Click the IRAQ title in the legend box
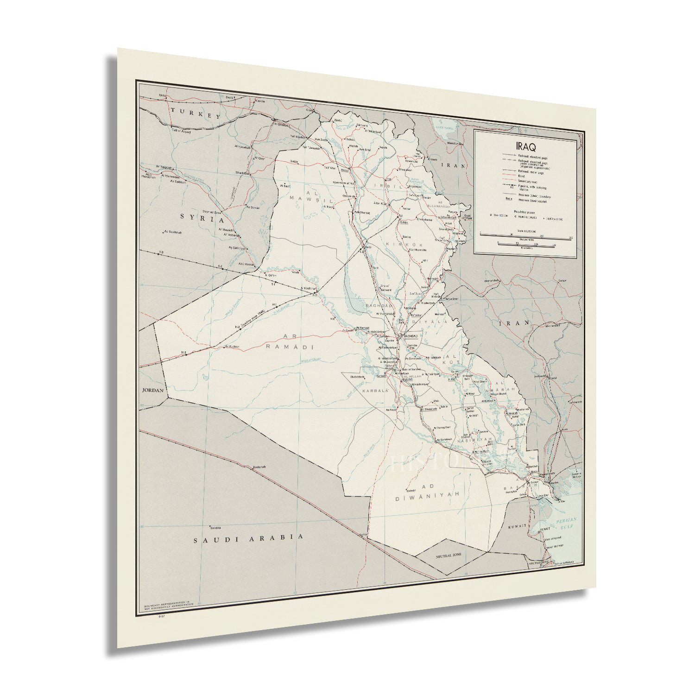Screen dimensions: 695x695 (526, 148)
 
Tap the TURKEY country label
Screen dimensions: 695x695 (195, 113)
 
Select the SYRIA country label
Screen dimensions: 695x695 (202, 219)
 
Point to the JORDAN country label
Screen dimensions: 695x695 (153, 390)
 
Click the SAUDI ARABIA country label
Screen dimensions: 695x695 (248, 538)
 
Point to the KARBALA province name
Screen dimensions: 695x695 (374, 391)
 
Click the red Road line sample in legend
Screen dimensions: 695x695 (507, 177)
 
